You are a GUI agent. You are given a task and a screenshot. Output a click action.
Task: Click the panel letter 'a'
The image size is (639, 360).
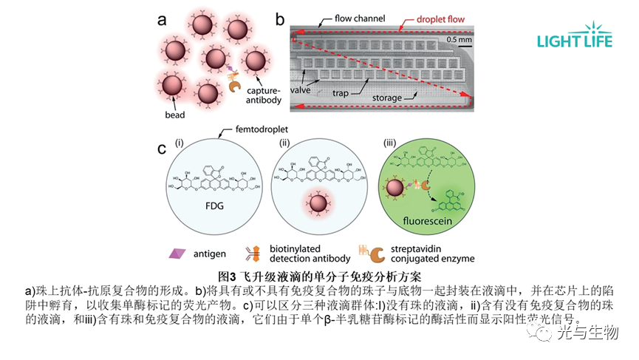(162, 20)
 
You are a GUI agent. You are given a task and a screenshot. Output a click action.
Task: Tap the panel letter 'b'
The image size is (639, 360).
(280, 19)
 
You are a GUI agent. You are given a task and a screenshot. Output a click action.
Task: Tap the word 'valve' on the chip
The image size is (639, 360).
(299, 90)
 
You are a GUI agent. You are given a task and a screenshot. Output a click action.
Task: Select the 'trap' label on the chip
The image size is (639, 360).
(341, 94)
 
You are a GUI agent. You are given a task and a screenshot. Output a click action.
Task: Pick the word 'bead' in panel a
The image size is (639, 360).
(174, 115)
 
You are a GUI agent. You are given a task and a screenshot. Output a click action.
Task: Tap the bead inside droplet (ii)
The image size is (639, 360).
(318, 203)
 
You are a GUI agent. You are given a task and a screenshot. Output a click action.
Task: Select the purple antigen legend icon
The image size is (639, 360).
(177, 253)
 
